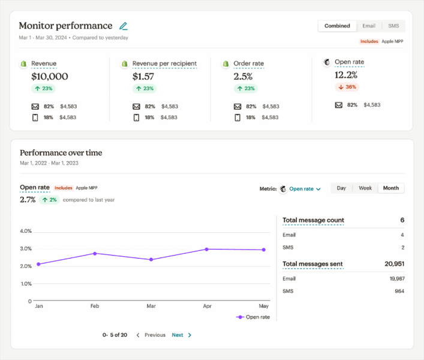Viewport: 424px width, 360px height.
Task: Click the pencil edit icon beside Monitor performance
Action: pos(124,26)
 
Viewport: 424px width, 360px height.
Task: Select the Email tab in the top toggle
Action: pos(368,26)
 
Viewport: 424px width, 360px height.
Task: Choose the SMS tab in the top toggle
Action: pos(393,26)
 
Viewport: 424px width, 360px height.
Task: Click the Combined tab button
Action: pos(337,26)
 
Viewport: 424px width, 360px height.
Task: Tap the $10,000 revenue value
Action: pos(49,76)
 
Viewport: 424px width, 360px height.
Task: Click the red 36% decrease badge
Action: pos(347,87)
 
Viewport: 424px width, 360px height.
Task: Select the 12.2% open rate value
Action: pos(346,75)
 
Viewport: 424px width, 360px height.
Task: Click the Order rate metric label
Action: pos(248,64)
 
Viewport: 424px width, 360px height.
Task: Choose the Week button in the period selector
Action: pos(365,188)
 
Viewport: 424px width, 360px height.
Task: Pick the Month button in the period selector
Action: pos(391,188)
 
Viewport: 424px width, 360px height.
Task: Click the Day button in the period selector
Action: pos(341,188)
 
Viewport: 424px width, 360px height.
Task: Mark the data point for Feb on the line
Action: pos(95,253)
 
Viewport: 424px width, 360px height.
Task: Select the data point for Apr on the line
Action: pos(207,249)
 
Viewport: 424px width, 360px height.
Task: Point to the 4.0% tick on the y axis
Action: pos(25,231)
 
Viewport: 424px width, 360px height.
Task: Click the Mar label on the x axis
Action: pos(151,306)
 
